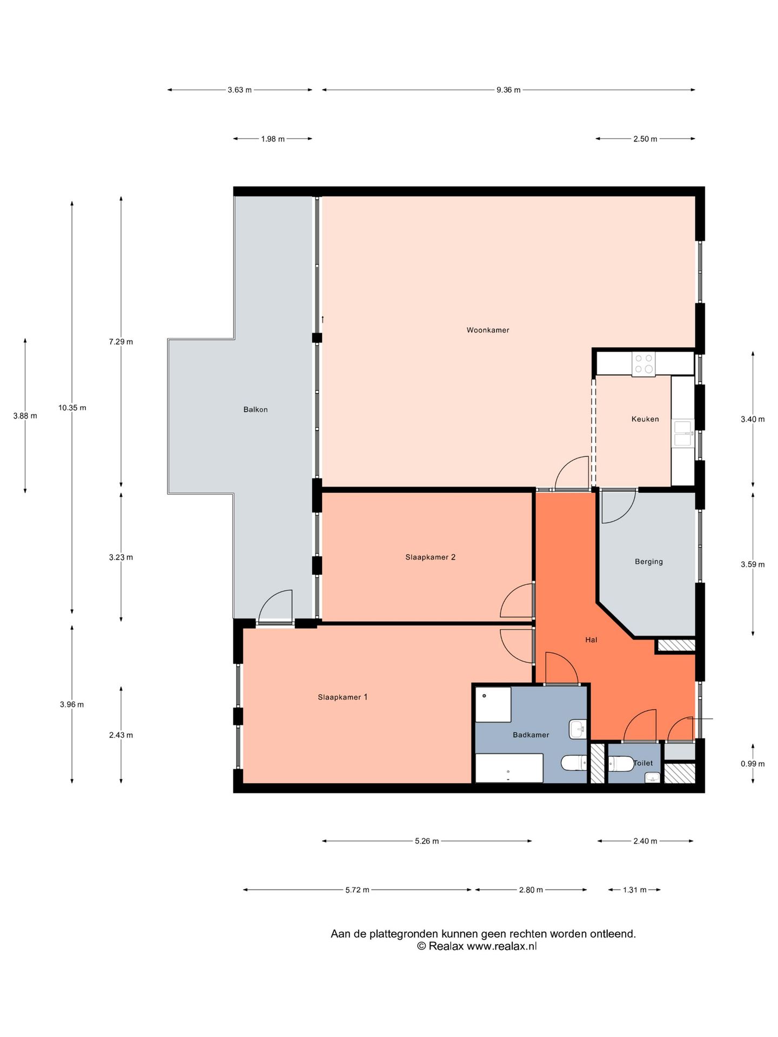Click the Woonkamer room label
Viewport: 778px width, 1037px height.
(x=488, y=330)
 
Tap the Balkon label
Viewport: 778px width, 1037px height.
(x=256, y=409)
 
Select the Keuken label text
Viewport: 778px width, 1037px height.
(x=645, y=419)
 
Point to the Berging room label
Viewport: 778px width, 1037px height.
(x=648, y=562)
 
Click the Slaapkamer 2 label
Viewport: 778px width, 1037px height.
(x=430, y=557)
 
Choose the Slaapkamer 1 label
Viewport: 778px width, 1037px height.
(x=343, y=697)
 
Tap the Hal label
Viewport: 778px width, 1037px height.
(x=591, y=640)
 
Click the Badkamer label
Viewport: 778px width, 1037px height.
(x=531, y=735)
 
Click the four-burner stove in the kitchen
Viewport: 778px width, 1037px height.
(x=643, y=364)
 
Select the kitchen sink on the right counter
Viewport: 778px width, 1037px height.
(x=683, y=433)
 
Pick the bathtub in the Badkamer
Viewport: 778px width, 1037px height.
(x=509, y=768)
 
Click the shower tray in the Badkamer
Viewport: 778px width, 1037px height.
(x=493, y=704)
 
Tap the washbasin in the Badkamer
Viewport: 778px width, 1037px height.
(x=578, y=729)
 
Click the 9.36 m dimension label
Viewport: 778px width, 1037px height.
(x=508, y=90)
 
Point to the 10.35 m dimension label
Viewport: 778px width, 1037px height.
(x=72, y=408)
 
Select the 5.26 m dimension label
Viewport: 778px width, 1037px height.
(x=427, y=841)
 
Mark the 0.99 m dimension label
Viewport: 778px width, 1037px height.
(x=753, y=764)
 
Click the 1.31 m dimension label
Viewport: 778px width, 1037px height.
(x=634, y=890)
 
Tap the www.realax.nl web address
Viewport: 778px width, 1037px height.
(x=502, y=946)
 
